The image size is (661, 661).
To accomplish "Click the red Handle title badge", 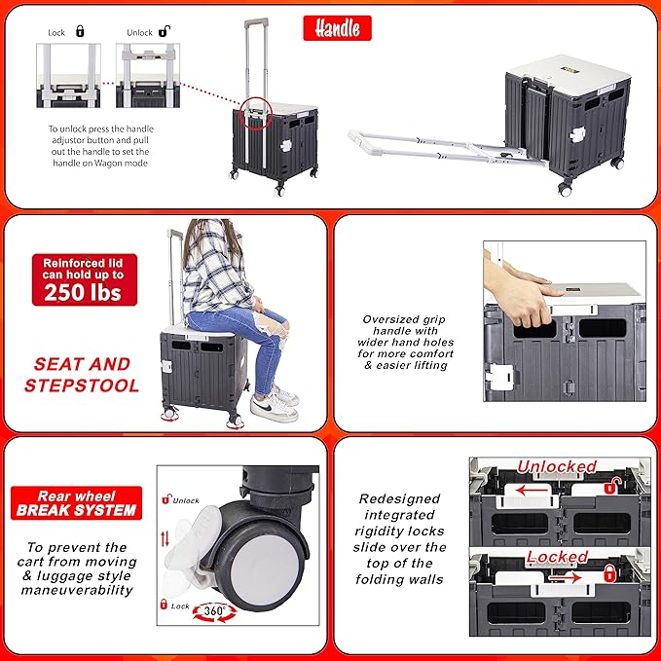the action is tap(337, 28).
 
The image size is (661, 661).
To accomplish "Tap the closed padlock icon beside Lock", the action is tap(80, 31).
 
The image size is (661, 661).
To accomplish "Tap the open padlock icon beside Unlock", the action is tap(164, 31).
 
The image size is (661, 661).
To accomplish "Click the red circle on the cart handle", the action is tap(255, 113).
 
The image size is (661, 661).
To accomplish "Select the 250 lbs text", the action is tap(83, 292).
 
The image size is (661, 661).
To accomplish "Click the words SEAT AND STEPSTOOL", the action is tap(82, 375).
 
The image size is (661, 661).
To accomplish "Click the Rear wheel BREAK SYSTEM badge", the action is tap(76, 503).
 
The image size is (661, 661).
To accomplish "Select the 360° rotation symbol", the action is tap(214, 611).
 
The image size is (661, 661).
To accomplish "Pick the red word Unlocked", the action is tap(557, 466).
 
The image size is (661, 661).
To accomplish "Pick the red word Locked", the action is tap(557, 557).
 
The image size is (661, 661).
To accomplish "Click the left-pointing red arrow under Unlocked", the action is tap(532, 490).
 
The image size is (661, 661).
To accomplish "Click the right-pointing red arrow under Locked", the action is tap(566, 577).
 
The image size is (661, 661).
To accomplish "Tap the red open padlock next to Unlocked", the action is tap(612, 486).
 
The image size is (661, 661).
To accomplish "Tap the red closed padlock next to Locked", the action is tap(609, 572).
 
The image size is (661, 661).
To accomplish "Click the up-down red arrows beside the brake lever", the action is tap(165, 538).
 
